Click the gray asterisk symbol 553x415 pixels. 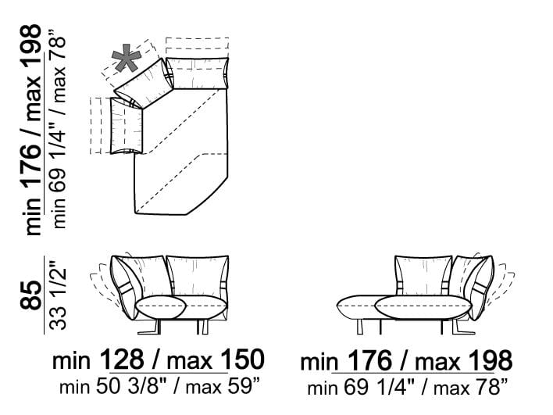[127, 58]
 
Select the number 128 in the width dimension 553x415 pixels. [123, 360]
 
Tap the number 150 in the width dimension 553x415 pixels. [243, 360]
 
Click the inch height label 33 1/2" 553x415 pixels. [57, 295]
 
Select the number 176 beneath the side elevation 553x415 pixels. [370, 360]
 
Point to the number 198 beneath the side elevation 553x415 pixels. [491, 360]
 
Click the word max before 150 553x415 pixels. [190, 361]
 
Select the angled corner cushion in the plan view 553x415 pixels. [144, 84]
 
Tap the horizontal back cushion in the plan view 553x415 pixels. [198, 73]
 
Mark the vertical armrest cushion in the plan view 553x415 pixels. [127, 125]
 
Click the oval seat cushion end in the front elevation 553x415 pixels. [161, 308]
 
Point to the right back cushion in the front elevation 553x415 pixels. [198, 275]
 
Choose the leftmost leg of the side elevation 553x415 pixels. [360, 327]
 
